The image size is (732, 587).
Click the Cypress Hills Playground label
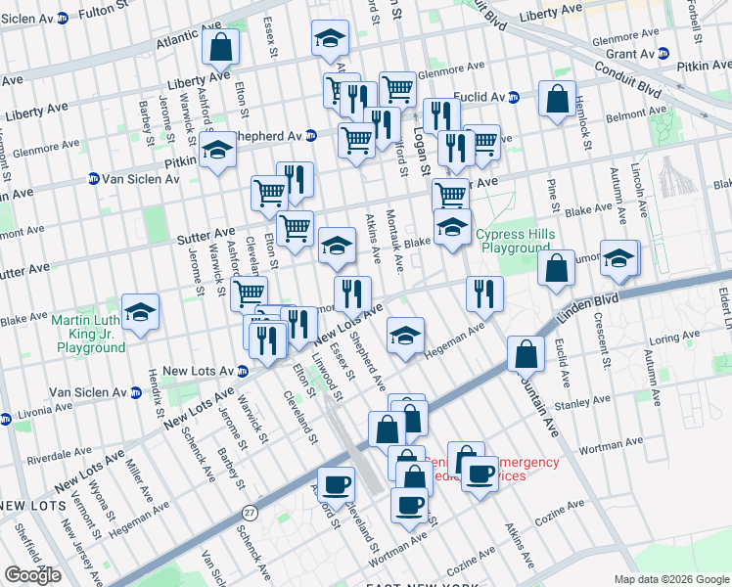coord(515,241)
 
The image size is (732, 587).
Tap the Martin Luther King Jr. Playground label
coord(91,334)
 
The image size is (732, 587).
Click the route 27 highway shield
coord(251,512)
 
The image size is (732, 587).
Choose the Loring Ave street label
coord(674,339)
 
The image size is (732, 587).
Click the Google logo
coord(33,575)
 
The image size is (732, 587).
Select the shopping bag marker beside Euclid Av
coord(557,99)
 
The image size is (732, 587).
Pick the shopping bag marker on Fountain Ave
coord(526,355)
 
